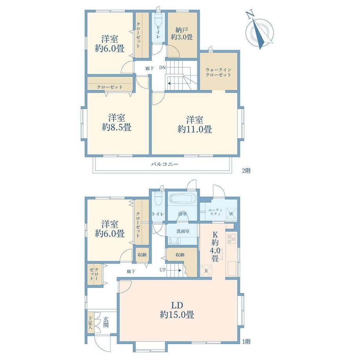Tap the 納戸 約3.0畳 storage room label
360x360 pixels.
tap(182, 34)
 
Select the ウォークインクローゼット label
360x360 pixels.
tap(218, 72)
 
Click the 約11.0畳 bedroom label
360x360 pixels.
tap(194, 124)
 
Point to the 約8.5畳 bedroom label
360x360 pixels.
tap(117, 122)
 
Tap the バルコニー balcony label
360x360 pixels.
tap(165, 164)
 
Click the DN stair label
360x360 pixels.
tap(162, 68)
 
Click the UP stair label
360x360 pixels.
tap(162, 270)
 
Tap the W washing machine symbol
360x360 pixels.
tap(231, 214)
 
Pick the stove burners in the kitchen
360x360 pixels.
tap(231, 239)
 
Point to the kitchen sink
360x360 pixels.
tap(232, 269)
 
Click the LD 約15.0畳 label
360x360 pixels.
tap(177, 310)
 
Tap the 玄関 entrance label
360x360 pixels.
tap(106, 322)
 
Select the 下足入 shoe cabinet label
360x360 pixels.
tap(90, 322)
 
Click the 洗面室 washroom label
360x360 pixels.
tap(183, 231)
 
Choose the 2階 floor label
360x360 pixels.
tap(247, 171)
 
